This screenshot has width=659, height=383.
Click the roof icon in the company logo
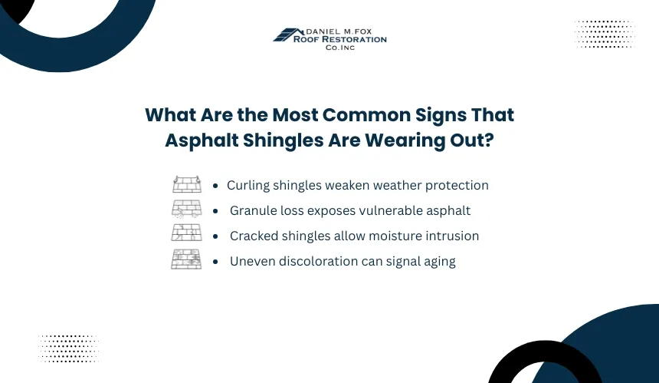point(288,35)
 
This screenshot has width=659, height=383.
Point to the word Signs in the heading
point(441,115)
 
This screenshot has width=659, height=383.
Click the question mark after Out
point(489,140)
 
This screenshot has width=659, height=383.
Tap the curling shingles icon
point(187,184)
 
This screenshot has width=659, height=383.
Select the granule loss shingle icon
point(187,210)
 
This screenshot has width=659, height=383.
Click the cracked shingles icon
point(187,233)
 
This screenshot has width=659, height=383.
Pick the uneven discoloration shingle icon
point(187,259)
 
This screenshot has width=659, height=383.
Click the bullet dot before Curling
point(215,186)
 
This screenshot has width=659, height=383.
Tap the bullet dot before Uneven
point(215,262)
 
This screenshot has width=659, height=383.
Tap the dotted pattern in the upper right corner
point(605,34)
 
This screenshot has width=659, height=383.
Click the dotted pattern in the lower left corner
point(68,348)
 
